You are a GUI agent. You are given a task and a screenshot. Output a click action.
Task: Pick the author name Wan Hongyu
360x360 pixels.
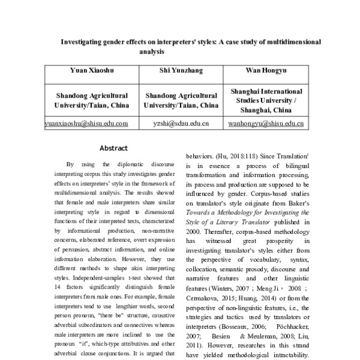[266, 70]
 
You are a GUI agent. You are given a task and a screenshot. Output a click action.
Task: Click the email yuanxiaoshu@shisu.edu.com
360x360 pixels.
[88, 124]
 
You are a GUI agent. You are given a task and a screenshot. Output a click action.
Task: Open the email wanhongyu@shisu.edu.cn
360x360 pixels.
[266, 124]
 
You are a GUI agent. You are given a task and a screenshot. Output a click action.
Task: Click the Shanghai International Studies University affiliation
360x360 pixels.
[266, 101]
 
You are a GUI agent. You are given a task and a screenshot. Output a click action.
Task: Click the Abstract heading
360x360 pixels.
[113, 148]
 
